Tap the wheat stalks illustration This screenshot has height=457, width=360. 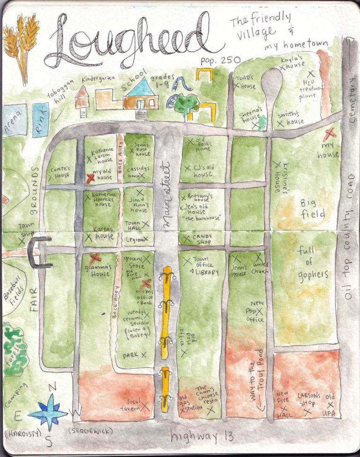click(x=21, y=45)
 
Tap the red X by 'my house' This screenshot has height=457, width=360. click(x=330, y=133)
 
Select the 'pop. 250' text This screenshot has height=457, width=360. click(x=220, y=61)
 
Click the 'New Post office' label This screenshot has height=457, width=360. click(x=256, y=312)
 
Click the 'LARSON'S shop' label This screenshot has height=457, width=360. click(x=309, y=399)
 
